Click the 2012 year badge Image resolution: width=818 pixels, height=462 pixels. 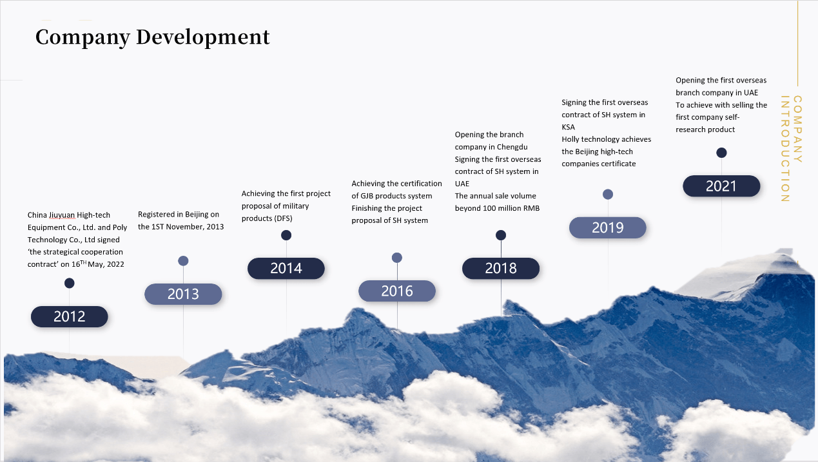70,316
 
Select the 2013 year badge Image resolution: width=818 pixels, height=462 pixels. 183,294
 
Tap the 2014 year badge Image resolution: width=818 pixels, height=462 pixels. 286,269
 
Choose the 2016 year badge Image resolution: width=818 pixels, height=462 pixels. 397,291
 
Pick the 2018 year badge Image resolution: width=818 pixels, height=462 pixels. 501,269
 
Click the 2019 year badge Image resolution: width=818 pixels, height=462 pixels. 608,227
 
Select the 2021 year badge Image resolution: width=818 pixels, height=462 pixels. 721,186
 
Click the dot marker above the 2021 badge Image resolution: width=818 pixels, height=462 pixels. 721,153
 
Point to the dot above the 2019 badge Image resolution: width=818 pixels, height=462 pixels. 608,194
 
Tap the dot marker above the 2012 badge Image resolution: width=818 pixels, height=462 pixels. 70,283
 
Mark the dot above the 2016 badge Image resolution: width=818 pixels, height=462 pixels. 397,258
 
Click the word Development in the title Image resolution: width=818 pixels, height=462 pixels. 203,37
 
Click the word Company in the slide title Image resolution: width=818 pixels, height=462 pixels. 83,38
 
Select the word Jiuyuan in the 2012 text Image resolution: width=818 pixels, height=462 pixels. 62,215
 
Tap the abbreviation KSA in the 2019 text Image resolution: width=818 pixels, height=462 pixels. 569,127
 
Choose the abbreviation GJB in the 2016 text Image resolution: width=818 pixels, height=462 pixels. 367,196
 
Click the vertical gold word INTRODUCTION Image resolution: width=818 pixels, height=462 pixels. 784,149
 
